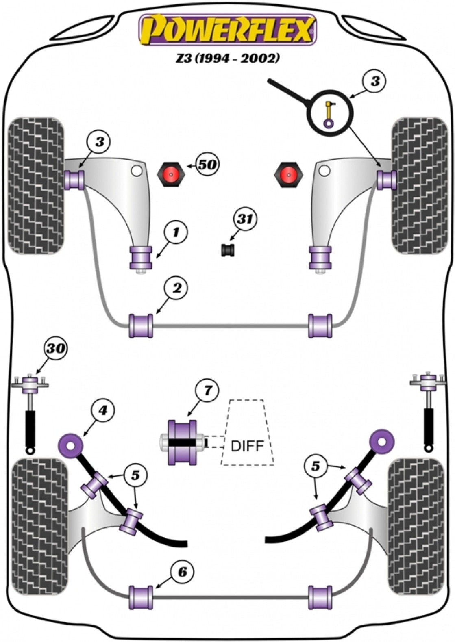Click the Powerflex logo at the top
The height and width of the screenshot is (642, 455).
(227, 29)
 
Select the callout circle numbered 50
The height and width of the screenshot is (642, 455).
(207, 165)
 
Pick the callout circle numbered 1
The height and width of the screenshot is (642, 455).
(176, 232)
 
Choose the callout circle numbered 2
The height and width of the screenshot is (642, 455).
(176, 288)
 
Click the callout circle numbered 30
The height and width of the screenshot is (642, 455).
(56, 348)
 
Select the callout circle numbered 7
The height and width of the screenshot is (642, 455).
(207, 391)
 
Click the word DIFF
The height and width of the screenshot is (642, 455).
(247, 446)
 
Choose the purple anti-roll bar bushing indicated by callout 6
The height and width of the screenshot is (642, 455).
(141, 597)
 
